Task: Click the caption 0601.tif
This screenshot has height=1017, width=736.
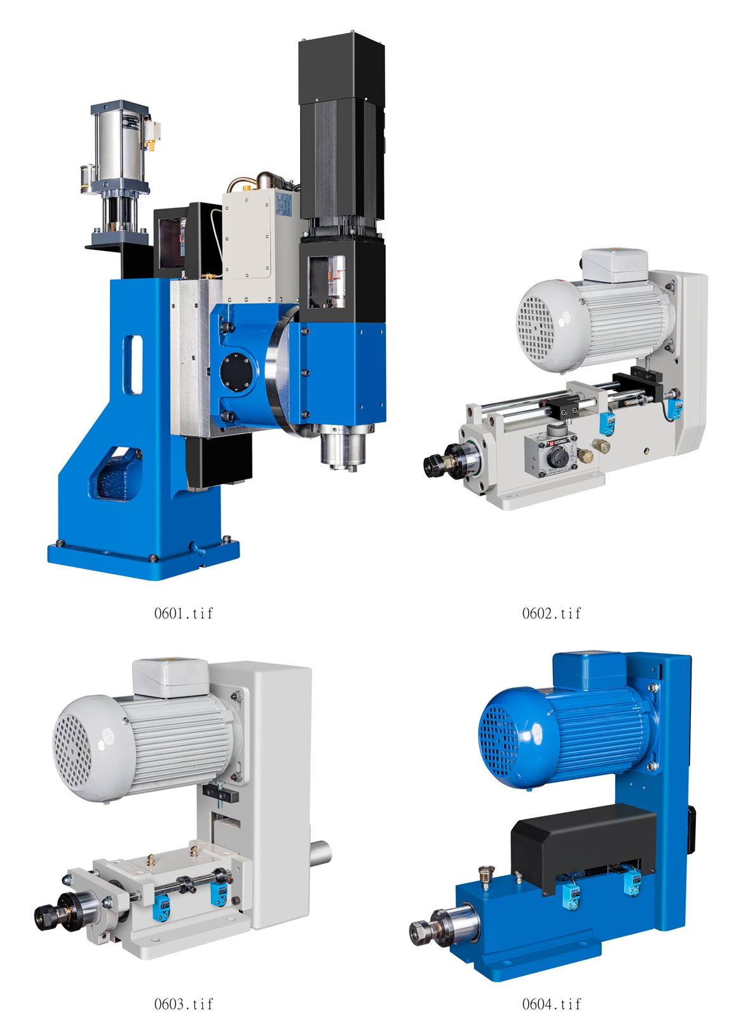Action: [184, 613]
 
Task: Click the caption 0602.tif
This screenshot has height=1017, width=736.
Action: [551, 613]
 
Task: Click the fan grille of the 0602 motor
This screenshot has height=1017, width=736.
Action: [536, 326]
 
